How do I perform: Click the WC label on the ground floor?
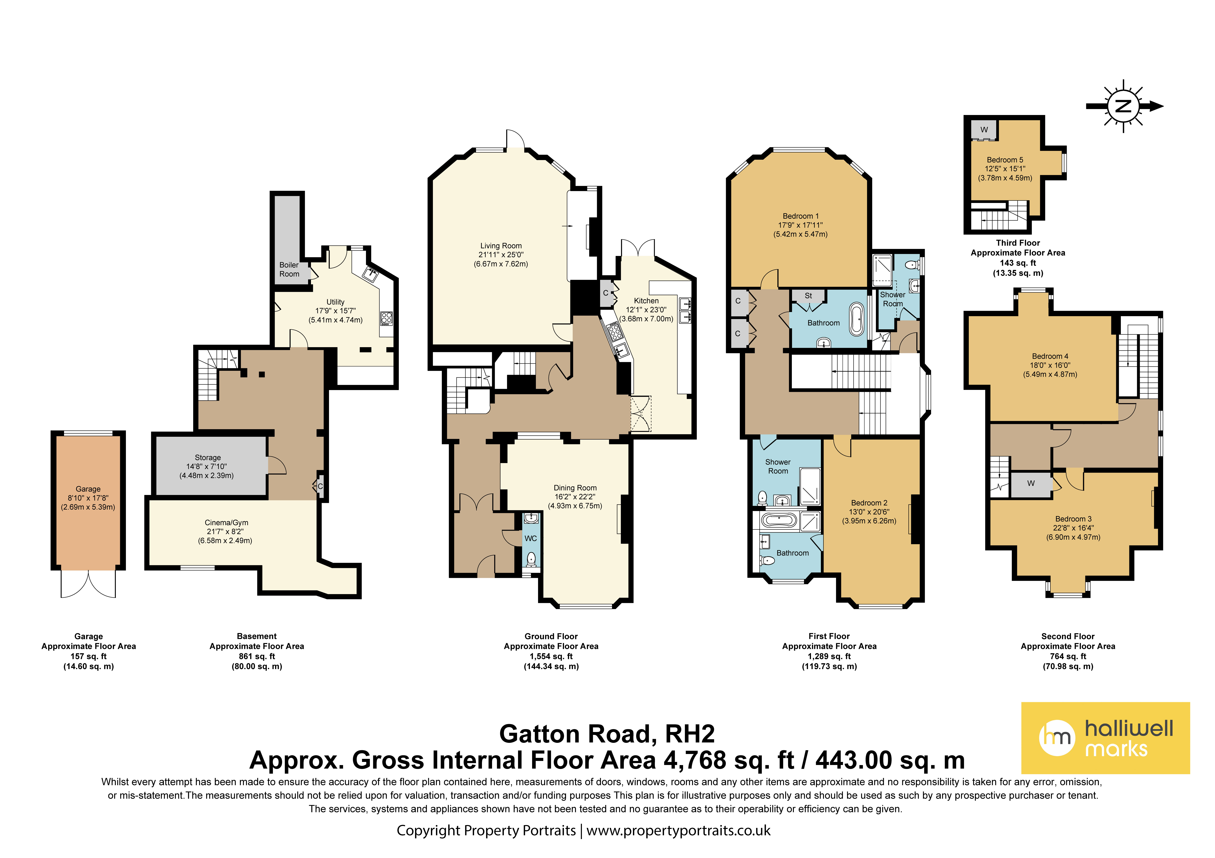pyautogui.click(x=531, y=538)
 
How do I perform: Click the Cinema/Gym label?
pyautogui.click(x=227, y=523)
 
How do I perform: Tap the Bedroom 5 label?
pyautogui.click(x=1005, y=160)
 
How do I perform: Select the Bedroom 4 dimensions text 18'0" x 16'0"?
pyautogui.click(x=1050, y=365)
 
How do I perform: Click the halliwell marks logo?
pyautogui.click(x=1106, y=738)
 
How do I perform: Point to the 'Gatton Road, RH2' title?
pyautogui.click(x=607, y=734)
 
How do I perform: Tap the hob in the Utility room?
pyautogui.click(x=386, y=318)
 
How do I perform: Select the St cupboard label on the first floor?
pyautogui.click(x=808, y=296)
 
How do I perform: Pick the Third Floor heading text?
pyautogui.click(x=1018, y=243)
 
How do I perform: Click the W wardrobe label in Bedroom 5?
pyautogui.click(x=984, y=130)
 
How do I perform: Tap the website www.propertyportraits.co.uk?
pyautogui.click(x=678, y=830)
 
